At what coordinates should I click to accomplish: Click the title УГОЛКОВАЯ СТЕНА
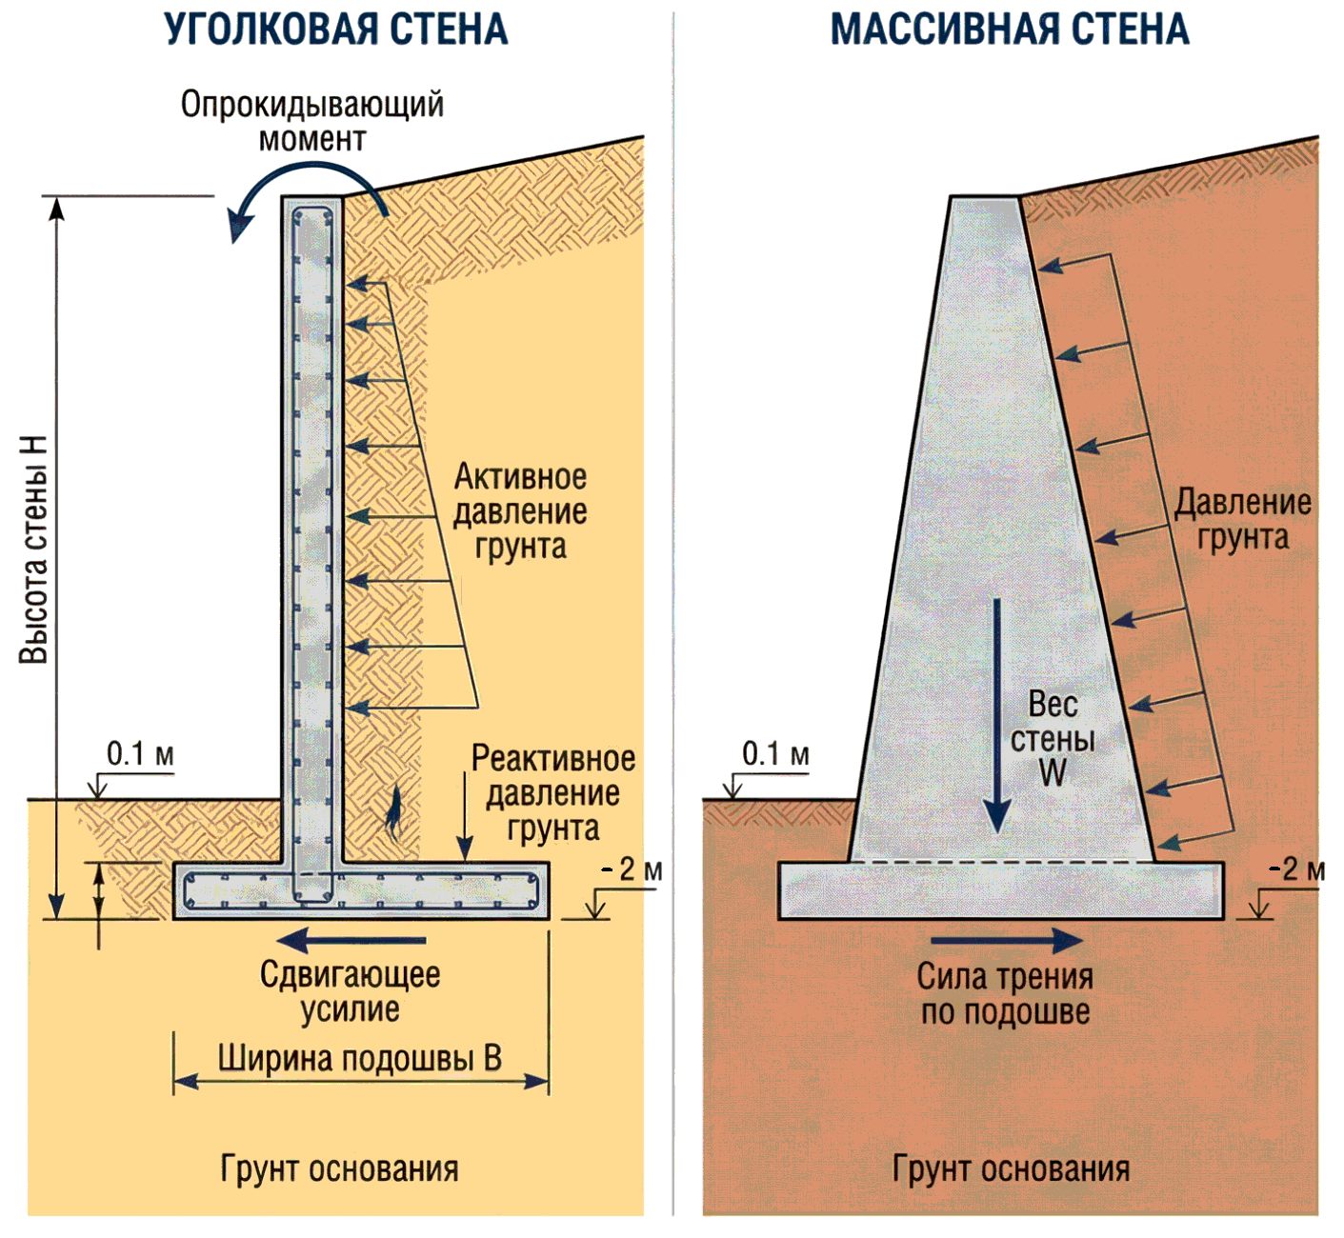(x=336, y=30)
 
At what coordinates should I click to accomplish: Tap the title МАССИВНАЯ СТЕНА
(x=1010, y=30)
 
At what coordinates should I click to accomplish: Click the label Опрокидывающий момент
(x=312, y=121)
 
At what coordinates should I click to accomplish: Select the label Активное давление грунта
(x=520, y=511)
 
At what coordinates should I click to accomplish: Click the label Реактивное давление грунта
(x=552, y=793)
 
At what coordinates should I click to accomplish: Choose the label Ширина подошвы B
(x=359, y=1059)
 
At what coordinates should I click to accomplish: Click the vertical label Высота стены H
(x=34, y=549)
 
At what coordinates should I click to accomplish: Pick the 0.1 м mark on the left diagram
(x=140, y=754)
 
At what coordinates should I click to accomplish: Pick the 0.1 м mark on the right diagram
(x=775, y=754)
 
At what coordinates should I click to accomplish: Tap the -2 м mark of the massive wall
(x=1297, y=869)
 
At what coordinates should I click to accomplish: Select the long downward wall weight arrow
(x=996, y=714)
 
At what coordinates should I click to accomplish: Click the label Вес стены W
(x=1053, y=739)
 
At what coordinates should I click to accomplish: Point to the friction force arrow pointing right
(x=1006, y=941)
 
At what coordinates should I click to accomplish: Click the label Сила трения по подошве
(x=1005, y=994)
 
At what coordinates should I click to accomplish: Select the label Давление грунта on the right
(x=1242, y=520)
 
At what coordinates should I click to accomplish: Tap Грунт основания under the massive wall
(x=1011, y=1168)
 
